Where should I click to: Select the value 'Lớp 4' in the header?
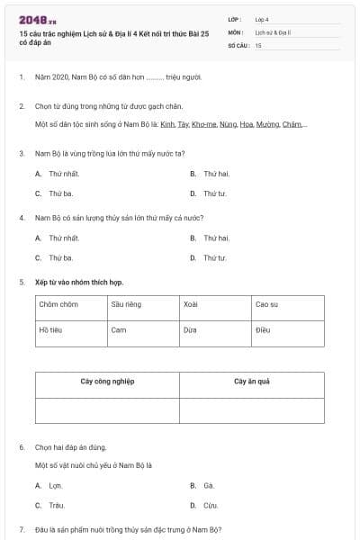(x=262, y=19)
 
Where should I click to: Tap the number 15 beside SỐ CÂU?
(x=258, y=44)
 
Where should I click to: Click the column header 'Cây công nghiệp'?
(x=107, y=382)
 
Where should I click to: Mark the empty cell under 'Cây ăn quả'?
(x=252, y=409)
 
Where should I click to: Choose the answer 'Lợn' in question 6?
(x=56, y=485)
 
